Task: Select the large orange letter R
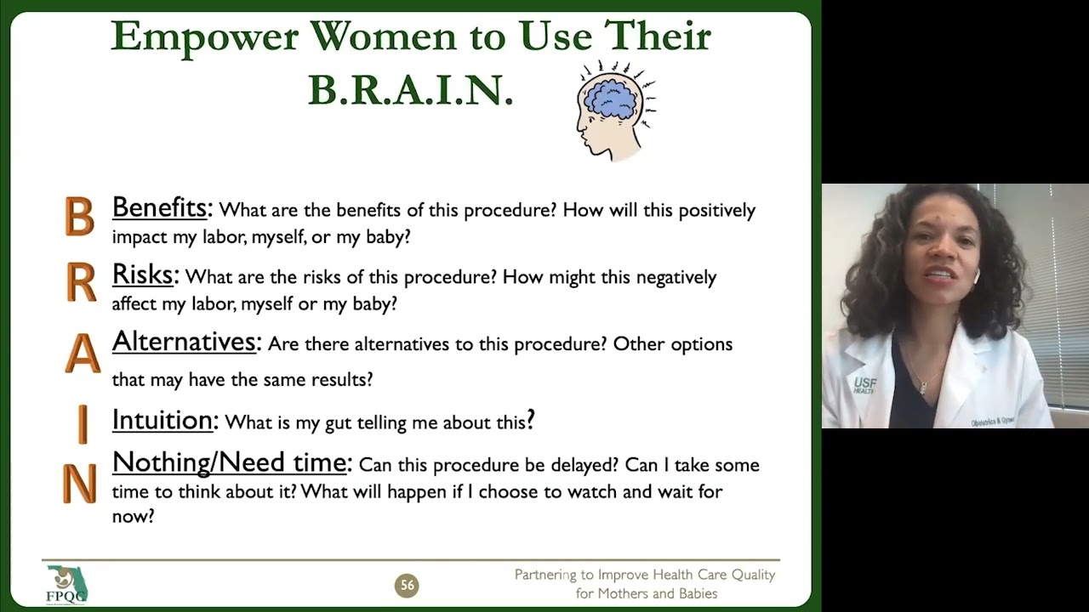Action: coord(81,284)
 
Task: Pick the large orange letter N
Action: coord(79,484)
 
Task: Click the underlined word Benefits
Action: coord(160,207)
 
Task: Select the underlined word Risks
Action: coord(143,275)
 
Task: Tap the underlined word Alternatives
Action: coord(185,342)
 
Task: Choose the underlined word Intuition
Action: coord(162,420)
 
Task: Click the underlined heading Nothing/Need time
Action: coord(230,462)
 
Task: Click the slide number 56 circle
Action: coord(407,585)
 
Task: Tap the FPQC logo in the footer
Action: coord(66,584)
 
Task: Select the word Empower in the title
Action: coord(203,37)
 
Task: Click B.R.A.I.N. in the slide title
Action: coord(410,89)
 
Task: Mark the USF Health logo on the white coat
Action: coord(864,385)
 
